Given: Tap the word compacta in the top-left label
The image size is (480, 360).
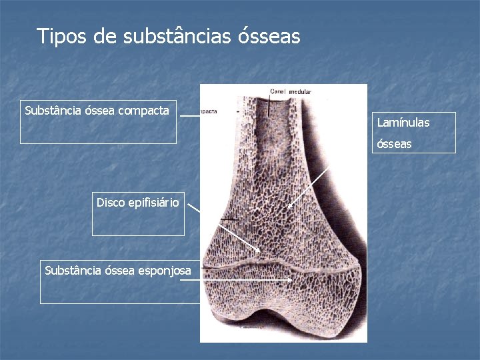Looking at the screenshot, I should [143, 110].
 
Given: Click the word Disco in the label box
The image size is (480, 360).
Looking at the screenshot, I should [110, 202].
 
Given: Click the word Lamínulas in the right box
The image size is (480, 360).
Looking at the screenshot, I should [403, 123].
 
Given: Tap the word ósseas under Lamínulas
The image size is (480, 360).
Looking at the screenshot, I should [395, 143].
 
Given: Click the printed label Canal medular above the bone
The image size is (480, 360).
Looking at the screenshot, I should [291, 91].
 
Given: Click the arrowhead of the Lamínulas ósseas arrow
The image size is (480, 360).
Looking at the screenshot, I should [289, 207].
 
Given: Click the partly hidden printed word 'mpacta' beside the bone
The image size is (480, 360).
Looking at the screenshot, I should [211, 111].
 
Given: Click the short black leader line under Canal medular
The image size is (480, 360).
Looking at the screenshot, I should [269, 106].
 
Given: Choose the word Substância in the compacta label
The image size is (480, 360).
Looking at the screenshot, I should [51, 110].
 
